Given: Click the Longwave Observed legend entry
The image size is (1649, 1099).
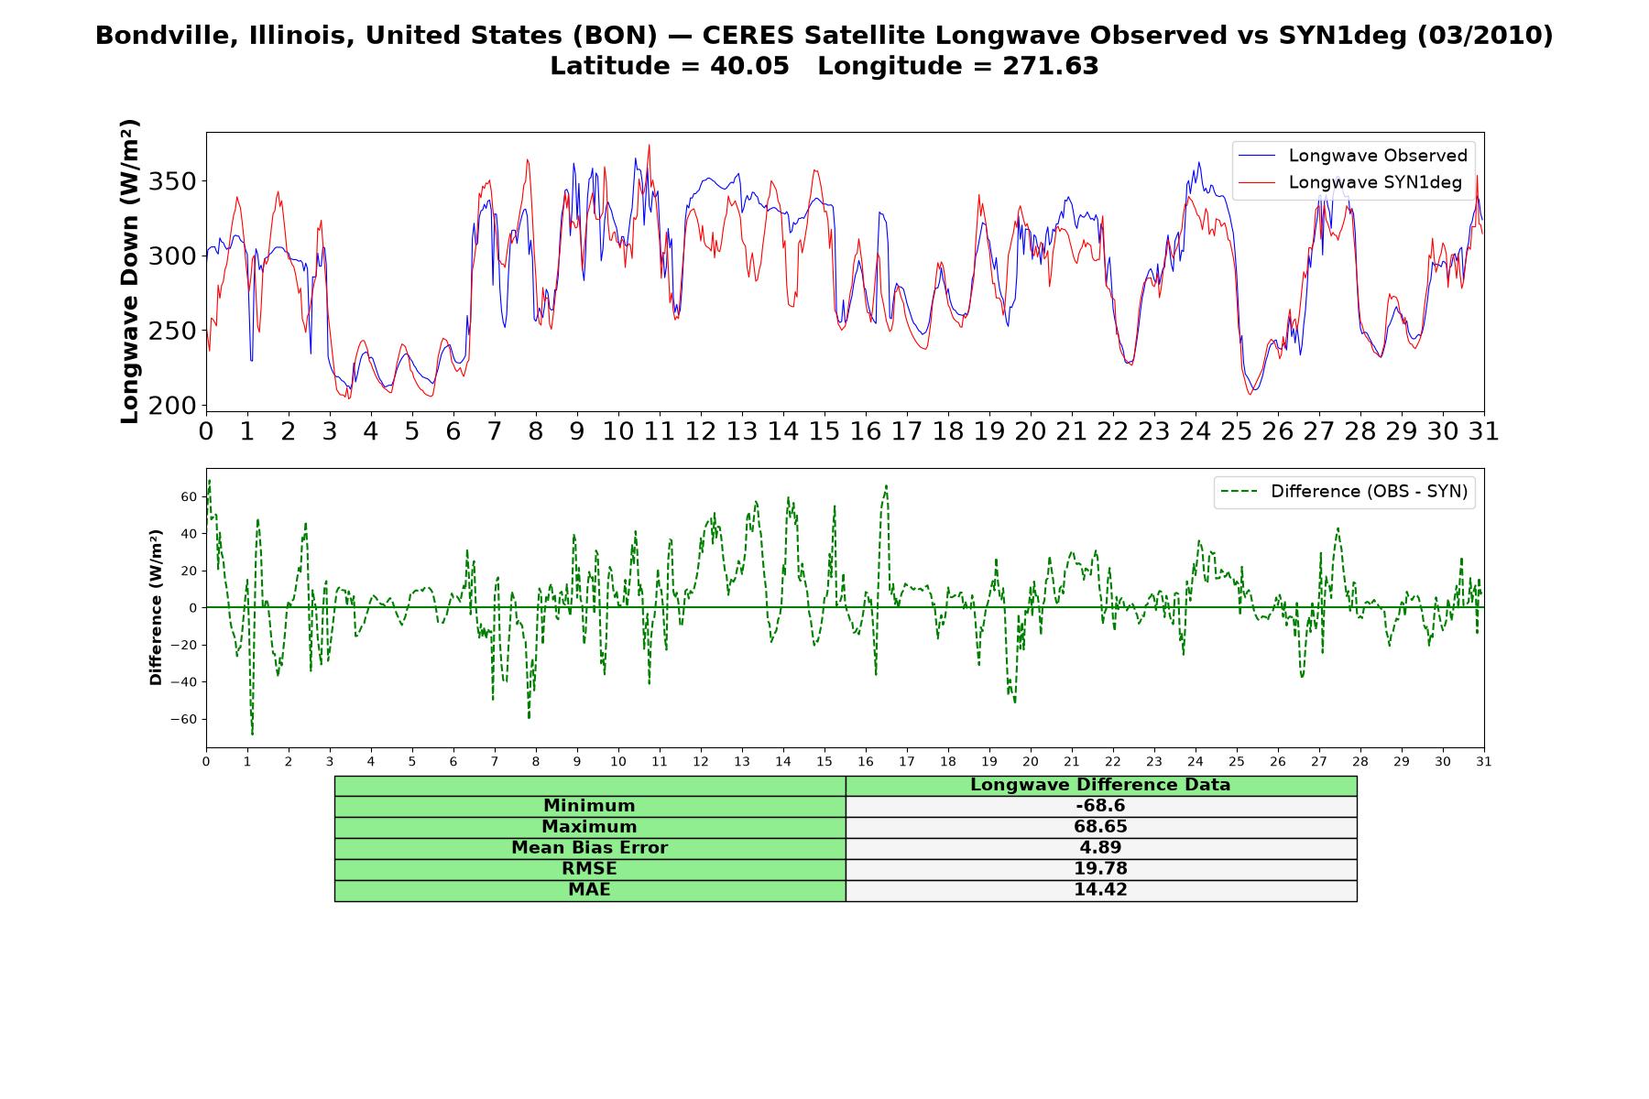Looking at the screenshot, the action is [1352, 156].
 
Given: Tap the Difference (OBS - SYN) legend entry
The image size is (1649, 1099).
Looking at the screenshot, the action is [1345, 492].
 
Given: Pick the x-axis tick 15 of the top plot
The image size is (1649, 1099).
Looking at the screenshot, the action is [824, 431].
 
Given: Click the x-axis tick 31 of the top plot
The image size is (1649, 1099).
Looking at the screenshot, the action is [1484, 431].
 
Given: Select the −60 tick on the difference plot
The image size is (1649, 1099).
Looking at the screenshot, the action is [183, 720].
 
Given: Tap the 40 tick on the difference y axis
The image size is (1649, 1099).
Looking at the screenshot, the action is [189, 534].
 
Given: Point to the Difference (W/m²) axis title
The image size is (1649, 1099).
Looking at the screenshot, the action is [156, 607].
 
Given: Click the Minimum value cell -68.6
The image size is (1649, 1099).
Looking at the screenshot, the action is [1100, 806].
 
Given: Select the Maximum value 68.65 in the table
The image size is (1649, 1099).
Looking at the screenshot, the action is [1100, 827].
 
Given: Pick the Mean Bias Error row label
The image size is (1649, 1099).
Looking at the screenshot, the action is [589, 848].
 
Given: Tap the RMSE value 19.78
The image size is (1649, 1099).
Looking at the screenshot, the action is [1100, 869].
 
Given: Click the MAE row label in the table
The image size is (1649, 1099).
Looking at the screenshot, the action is [589, 890].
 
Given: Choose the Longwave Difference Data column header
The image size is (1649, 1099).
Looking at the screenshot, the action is [1100, 785].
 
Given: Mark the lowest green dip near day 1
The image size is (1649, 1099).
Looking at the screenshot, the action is [252, 734].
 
